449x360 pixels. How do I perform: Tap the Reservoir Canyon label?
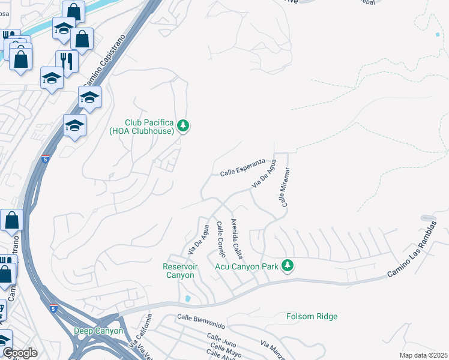pyautogui.click(x=179, y=271)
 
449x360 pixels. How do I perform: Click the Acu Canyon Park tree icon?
pyautogui.click(x=288, y=265)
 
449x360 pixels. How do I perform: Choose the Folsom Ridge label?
pyautogui.click(x=312, y=316)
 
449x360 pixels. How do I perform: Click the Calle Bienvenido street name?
pyautogui.click(x=201, y=321)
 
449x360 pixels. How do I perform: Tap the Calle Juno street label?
pyautogui.click(x=221, y=341)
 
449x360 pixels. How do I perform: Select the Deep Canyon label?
pyautogui.click(x=98, y=331)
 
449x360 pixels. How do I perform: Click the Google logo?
pyautogui.click(x=20, y=353)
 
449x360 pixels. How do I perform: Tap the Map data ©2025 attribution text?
pyautogui.click(x=423, y=355)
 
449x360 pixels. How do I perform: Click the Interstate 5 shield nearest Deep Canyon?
pyautogui.click(x=54, y=309)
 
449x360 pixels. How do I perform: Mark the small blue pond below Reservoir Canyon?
pyautogui.click(x=189, y=298)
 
